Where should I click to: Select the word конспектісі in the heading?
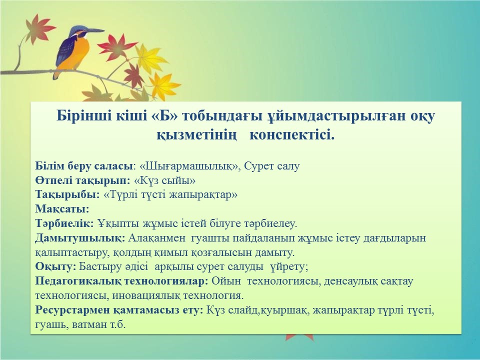coord(292,134)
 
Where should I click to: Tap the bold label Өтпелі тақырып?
coord(83,180)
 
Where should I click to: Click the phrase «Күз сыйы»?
coord(164,180)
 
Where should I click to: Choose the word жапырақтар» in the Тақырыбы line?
coord(203,195)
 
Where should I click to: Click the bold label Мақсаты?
coord(62,209)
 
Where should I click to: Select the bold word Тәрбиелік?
coord(64,223)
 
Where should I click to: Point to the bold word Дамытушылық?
coord(80,238)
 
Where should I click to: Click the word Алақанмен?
coord(156,238)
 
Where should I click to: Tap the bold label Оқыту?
coord(55,266)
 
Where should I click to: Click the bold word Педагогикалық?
coord(78,281)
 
